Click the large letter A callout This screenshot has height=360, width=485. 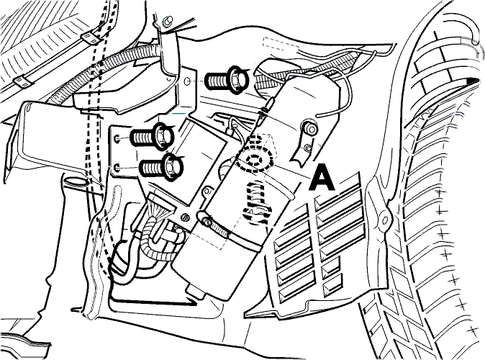(322, 178)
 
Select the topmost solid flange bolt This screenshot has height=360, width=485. (227, 79)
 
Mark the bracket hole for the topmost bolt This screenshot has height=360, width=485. (187, 81)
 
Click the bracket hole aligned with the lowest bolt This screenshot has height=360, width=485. (117, 168)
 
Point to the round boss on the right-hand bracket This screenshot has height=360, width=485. (310, 127)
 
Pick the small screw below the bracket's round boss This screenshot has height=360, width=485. (307, 148)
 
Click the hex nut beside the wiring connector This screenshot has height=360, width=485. (184, 217)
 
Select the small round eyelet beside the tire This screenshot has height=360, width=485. (385, 220)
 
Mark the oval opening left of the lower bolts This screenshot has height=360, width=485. (75, 181)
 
